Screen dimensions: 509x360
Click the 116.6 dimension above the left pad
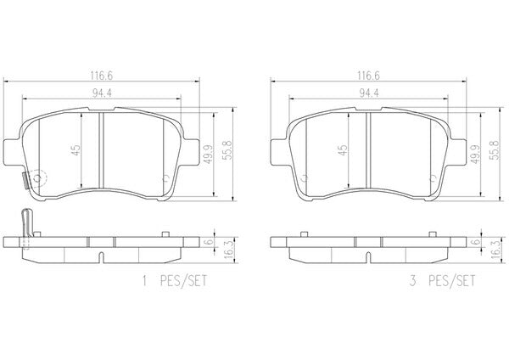point(101,76)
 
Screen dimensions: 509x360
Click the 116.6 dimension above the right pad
point(368,76)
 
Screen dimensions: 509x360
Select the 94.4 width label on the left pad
point(102,93)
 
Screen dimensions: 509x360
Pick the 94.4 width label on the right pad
point(369,93)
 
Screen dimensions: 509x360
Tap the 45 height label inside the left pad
point(76,150)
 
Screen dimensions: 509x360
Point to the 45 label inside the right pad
point(343,150)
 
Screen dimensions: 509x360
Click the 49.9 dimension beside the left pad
point(209,154)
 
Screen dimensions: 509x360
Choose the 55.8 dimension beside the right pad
point(495,150)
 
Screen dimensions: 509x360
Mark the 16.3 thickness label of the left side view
point(229,250)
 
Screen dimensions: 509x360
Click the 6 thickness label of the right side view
point(477,242)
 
